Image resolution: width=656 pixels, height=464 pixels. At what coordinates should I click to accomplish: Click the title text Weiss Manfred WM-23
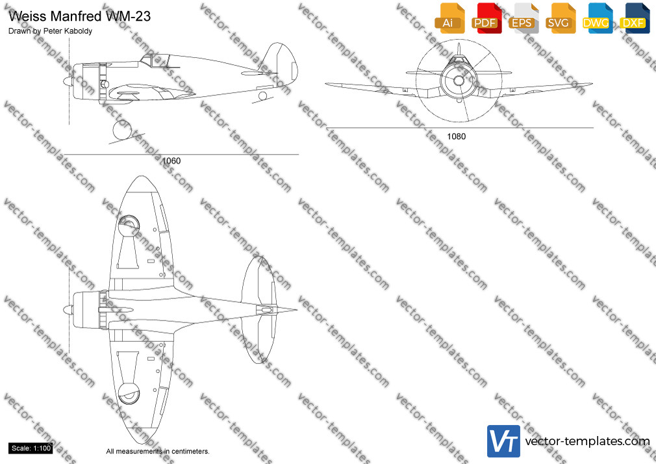[x=79, y=16]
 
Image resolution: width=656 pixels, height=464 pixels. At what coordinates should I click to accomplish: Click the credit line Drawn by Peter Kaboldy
[x=50, y=31]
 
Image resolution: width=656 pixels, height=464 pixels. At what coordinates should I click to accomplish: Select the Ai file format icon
[x=449, y=18]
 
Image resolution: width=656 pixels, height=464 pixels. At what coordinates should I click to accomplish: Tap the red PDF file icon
[x=486, y=18]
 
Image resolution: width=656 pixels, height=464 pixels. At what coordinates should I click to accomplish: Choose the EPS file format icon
[x=524, y=18]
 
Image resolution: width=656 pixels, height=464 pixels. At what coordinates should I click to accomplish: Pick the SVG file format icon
[x=560, y=18]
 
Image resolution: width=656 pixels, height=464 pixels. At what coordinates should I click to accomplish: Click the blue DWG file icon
[x=598, y=18]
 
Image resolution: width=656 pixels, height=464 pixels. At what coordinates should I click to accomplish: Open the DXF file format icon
[x=635, y=18]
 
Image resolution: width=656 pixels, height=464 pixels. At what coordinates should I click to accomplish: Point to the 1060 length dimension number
[x=171, y=161]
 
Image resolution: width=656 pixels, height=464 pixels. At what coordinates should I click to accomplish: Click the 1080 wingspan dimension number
[x=456, y=136]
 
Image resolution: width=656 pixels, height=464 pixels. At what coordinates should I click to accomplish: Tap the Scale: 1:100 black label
[x=31, y=448]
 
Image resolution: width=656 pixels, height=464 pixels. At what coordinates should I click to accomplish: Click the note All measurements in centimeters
[x=158, y=452]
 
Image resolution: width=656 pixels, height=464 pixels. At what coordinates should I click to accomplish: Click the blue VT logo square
[x=504, y=441]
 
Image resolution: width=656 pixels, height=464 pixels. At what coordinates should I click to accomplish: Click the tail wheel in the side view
[x=262, y=96]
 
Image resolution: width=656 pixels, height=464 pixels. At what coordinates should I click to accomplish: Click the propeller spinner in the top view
[x=68, y=311]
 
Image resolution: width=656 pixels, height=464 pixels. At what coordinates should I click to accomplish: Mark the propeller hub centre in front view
[x=459, y=81]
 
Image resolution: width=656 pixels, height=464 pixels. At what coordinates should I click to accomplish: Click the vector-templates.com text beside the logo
[x=587, y=441]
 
